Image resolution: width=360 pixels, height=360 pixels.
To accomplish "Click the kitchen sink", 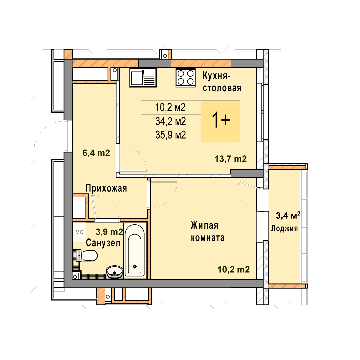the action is coord(143,77).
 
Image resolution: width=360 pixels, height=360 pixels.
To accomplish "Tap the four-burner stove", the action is coord(186,77).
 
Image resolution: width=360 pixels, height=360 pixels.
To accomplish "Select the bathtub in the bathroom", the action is coord(135,250).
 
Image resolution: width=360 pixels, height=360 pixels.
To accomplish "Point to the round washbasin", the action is coord(114,272).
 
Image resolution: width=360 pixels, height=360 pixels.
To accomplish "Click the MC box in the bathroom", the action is coord(79,232).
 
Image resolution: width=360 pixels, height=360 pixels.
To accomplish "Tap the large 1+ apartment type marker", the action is coord(221,120).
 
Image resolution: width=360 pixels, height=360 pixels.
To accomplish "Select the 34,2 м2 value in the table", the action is coord(170,121).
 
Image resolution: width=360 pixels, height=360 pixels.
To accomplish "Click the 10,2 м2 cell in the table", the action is coord(170,107).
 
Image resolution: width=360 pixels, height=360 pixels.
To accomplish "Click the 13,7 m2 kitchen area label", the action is coord(231,159).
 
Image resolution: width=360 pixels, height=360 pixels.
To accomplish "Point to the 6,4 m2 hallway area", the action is coord(96,153).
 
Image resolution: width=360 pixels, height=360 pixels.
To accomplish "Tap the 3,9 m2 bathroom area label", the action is coord(109,232).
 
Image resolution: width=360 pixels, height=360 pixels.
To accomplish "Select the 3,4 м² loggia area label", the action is coord(288,215).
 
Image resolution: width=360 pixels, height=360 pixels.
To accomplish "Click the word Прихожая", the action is coord(106,188).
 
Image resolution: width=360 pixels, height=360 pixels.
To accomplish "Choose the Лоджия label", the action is coord(284,228).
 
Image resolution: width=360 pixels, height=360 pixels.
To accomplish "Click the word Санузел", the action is coord(103,243).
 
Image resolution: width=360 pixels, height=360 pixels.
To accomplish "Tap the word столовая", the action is coord(222,88).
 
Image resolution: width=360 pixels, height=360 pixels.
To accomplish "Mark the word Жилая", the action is coord(204,225).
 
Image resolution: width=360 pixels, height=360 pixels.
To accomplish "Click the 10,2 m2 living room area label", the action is coord(233,269).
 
